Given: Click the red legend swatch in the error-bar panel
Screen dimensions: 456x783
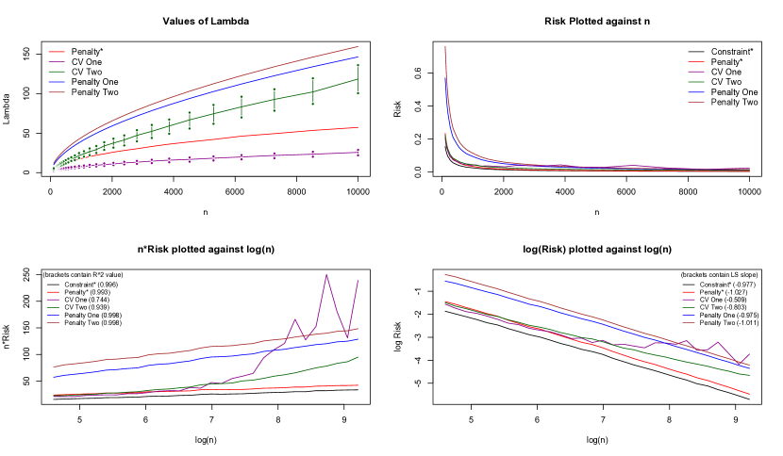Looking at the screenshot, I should click(57, 52).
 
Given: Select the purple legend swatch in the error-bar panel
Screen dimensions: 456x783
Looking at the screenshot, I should click(57, 61).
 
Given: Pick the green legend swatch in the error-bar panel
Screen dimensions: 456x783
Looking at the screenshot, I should click(57, 72).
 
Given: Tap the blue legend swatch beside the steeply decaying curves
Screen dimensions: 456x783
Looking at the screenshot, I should click(696, 92).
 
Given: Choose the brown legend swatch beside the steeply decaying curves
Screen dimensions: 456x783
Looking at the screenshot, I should click(696, 102).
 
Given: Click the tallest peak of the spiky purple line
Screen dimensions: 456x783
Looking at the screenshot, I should click(326, 275).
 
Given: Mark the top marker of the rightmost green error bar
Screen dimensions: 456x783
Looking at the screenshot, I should click(358, 65).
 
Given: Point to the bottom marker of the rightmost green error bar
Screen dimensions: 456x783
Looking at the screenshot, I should click(358, 93).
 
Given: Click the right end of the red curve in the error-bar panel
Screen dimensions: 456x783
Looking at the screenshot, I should click(358, 127).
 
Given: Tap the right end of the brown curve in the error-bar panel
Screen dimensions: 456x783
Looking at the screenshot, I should click(358, 46).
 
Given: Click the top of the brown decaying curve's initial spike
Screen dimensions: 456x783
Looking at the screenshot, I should click(445, 46).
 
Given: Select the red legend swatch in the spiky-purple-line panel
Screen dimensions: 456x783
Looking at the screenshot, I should click(54, 292).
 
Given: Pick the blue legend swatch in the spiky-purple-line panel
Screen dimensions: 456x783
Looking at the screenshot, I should click(54, 315).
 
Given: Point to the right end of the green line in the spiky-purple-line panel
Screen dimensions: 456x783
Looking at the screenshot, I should click(358, 357).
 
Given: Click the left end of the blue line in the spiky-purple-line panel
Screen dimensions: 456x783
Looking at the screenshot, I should click(54, 378).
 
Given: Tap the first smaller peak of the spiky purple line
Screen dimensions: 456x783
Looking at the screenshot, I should click(295, 318).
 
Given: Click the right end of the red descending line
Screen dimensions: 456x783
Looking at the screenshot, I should click(750, 394).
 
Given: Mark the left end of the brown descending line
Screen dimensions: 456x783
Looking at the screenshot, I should click(445, 274).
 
